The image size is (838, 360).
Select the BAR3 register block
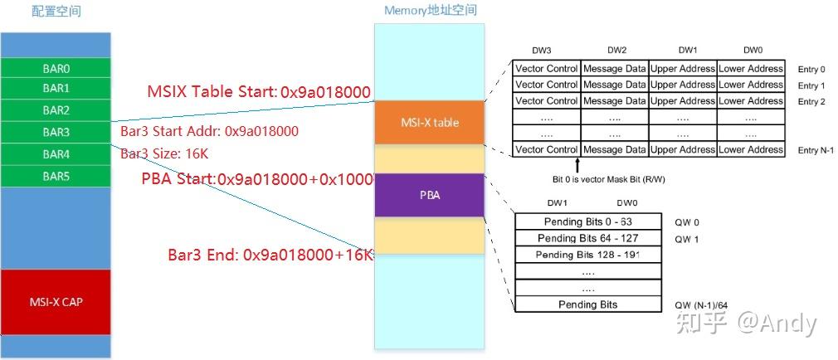[x=56, y=132]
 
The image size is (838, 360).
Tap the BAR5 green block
[x=56, y=176]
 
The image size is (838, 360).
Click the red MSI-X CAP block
[x=56, y=301]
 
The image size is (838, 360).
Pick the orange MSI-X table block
[x=429, y=123]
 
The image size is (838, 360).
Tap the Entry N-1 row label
[x=815, y=150]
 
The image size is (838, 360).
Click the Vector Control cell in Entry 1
[x=546, y=85]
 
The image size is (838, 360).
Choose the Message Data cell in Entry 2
[x=614, y=101]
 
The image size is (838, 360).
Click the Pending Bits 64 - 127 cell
[x=587, y=238]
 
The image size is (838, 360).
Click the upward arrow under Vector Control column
[x=577, y=164]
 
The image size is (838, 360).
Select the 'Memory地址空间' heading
[x=430, y=11]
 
